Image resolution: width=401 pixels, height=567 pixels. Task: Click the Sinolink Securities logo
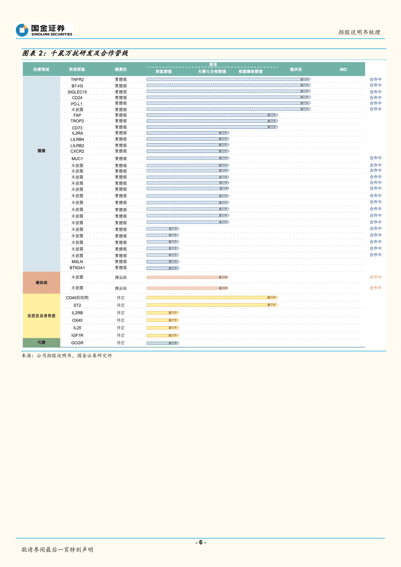[44, 30]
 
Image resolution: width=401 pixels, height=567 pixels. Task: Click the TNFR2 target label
[77, 80]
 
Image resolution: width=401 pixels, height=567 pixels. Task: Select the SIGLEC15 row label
[77, 92]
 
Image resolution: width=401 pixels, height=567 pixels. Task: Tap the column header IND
[343, 69]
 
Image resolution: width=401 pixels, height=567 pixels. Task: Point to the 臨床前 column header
[296, 69]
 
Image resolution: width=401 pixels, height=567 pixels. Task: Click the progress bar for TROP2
[212, 121]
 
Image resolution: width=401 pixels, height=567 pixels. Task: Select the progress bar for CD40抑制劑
[212, 298]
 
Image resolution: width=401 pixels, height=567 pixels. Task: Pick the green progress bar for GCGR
[163, 343]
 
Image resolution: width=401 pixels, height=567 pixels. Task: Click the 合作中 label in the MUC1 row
[375, 158]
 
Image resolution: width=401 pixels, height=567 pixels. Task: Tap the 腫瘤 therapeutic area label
[41, 151]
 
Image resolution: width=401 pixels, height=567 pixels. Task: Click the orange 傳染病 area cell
[41, 283]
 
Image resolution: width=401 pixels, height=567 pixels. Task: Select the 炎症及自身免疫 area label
[41, 316]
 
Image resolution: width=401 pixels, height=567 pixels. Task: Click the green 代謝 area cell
[41, 342]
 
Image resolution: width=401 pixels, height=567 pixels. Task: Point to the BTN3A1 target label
[77, 268]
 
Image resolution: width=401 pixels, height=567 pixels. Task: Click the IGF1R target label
[77, 335]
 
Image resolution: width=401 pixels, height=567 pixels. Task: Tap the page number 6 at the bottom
[201, 542]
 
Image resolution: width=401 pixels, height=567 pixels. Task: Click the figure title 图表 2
[75, 53]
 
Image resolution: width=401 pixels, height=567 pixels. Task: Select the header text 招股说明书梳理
[359, 32]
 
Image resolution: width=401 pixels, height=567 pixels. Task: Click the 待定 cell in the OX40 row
[121, 320]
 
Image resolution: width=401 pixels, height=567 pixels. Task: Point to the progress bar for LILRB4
[188, 139]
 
